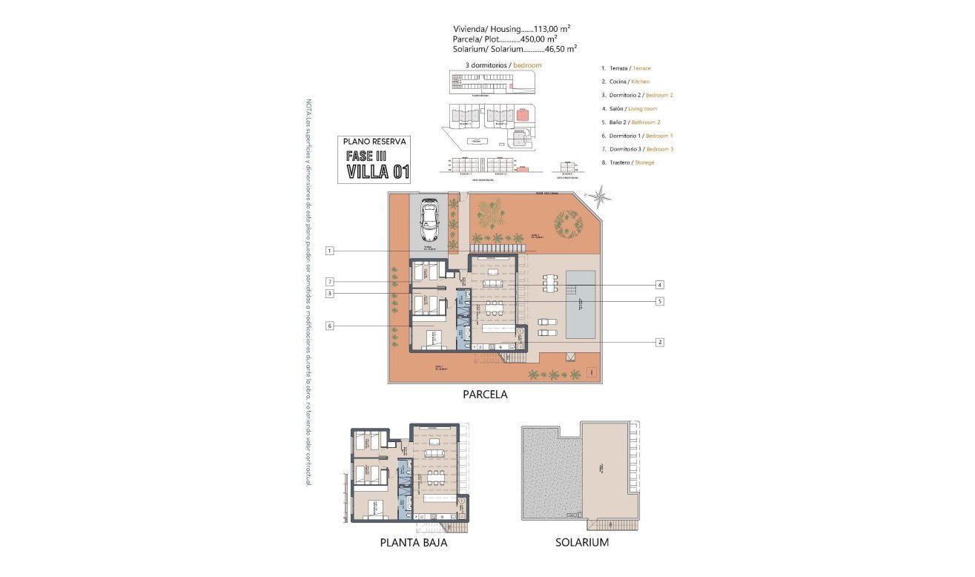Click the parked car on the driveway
click(x=430, y=220)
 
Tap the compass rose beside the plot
click(x=600, y=197)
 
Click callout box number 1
click(x=329, y=251)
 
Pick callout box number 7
click(x=329, y=281)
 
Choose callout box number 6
click(x=329, y=325)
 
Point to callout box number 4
click(x=659, y=284)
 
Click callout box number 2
click(x=659, y=342)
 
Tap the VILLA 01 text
click(x=379, y=173)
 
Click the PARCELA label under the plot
click(x=485, y=395)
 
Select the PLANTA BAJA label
click(x=414, y=542)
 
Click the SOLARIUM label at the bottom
click(x=582, y=542)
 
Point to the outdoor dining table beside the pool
click(x=550, y=284)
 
